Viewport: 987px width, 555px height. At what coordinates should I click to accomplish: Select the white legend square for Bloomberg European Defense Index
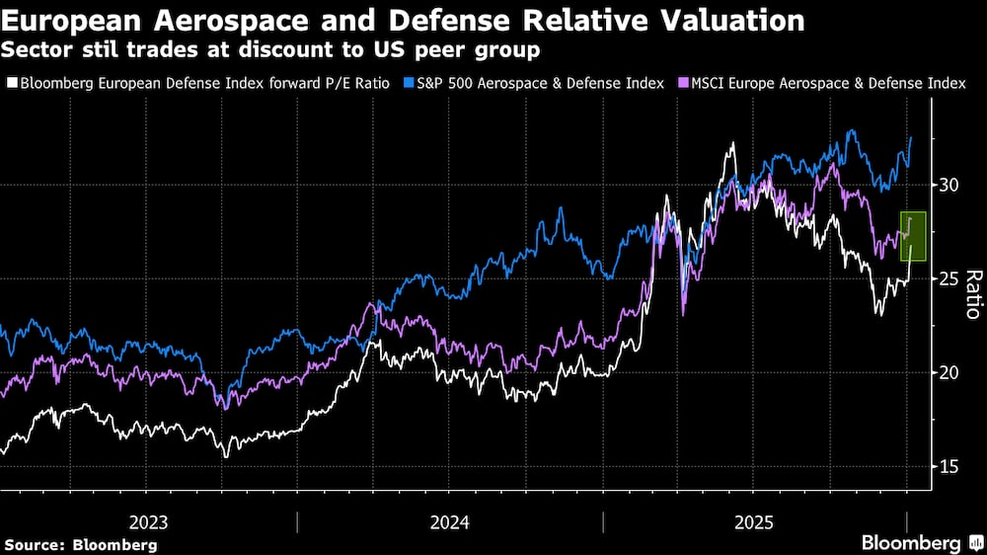point(11,84)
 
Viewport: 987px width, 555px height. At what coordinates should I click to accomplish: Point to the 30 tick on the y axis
point(949,186)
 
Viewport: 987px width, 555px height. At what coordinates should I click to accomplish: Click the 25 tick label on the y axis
point(949,279)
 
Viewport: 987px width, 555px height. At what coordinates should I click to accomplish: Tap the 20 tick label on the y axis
point(949,372)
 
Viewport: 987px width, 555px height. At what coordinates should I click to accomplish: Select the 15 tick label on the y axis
point(949,466)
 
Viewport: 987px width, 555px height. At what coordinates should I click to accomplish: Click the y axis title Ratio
point(971,294)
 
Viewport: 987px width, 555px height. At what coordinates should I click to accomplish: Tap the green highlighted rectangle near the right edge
point(913,237)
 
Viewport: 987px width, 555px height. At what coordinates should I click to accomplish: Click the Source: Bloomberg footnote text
point(80,544)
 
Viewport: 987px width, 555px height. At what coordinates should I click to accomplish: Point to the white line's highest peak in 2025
point(731,144)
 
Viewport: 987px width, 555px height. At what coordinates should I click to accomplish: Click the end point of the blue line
point(910,137)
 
